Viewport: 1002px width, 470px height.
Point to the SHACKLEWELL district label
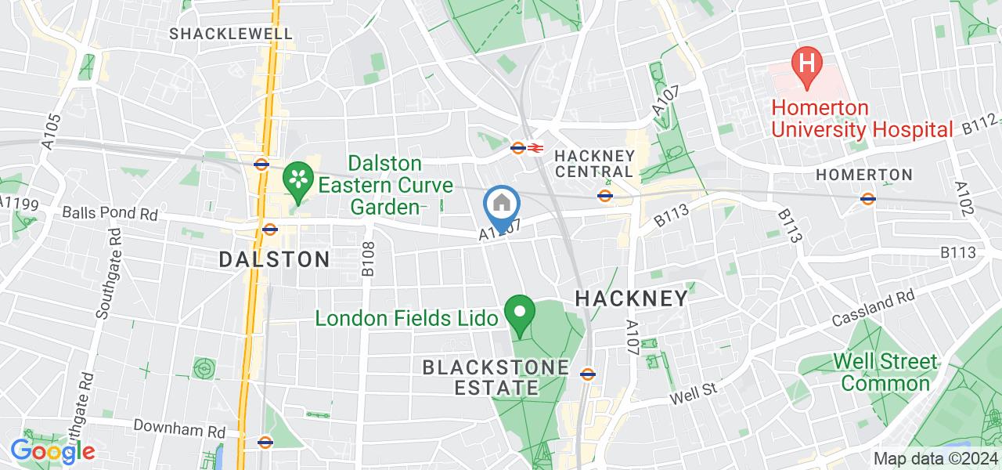(231, 34)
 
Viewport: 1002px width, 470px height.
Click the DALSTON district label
(275, 259)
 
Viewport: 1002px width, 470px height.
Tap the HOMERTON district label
(864, 175)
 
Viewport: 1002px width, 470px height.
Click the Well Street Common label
(885, 372)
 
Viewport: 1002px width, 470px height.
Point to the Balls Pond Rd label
(110, 213)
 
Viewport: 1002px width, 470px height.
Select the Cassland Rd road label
(874, 308)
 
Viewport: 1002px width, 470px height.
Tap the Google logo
(52, 450)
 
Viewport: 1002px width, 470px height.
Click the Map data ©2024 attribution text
(935, 458)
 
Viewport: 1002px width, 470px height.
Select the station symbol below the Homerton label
(867, 198)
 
